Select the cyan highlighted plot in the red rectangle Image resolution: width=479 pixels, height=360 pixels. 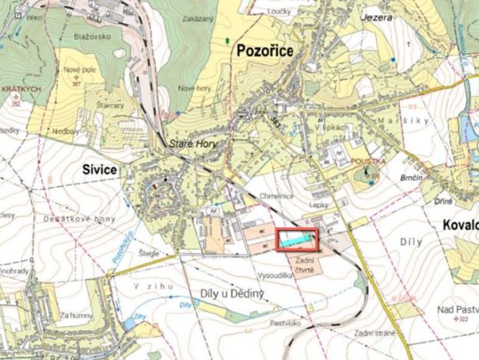coord(296,240)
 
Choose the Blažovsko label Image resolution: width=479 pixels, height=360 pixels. coord(89,36)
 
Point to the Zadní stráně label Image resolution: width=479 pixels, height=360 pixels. coord(374,332)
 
